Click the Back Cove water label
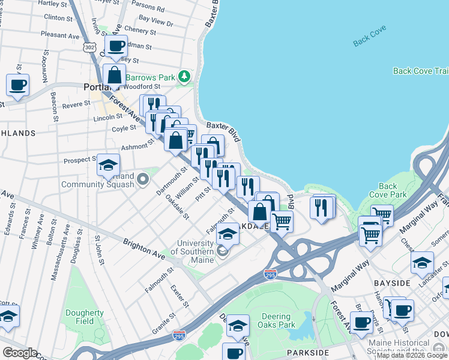coord(370,36)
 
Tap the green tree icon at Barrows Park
coord(185,77)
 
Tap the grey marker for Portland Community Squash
coord(143,179)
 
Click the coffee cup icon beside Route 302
coord(116,46)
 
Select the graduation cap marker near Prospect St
coord(108,165)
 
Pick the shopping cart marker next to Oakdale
coord(281,221)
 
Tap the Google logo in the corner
coord(20,353)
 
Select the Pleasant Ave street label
coord(60,35)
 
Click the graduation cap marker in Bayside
coord(422,263)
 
